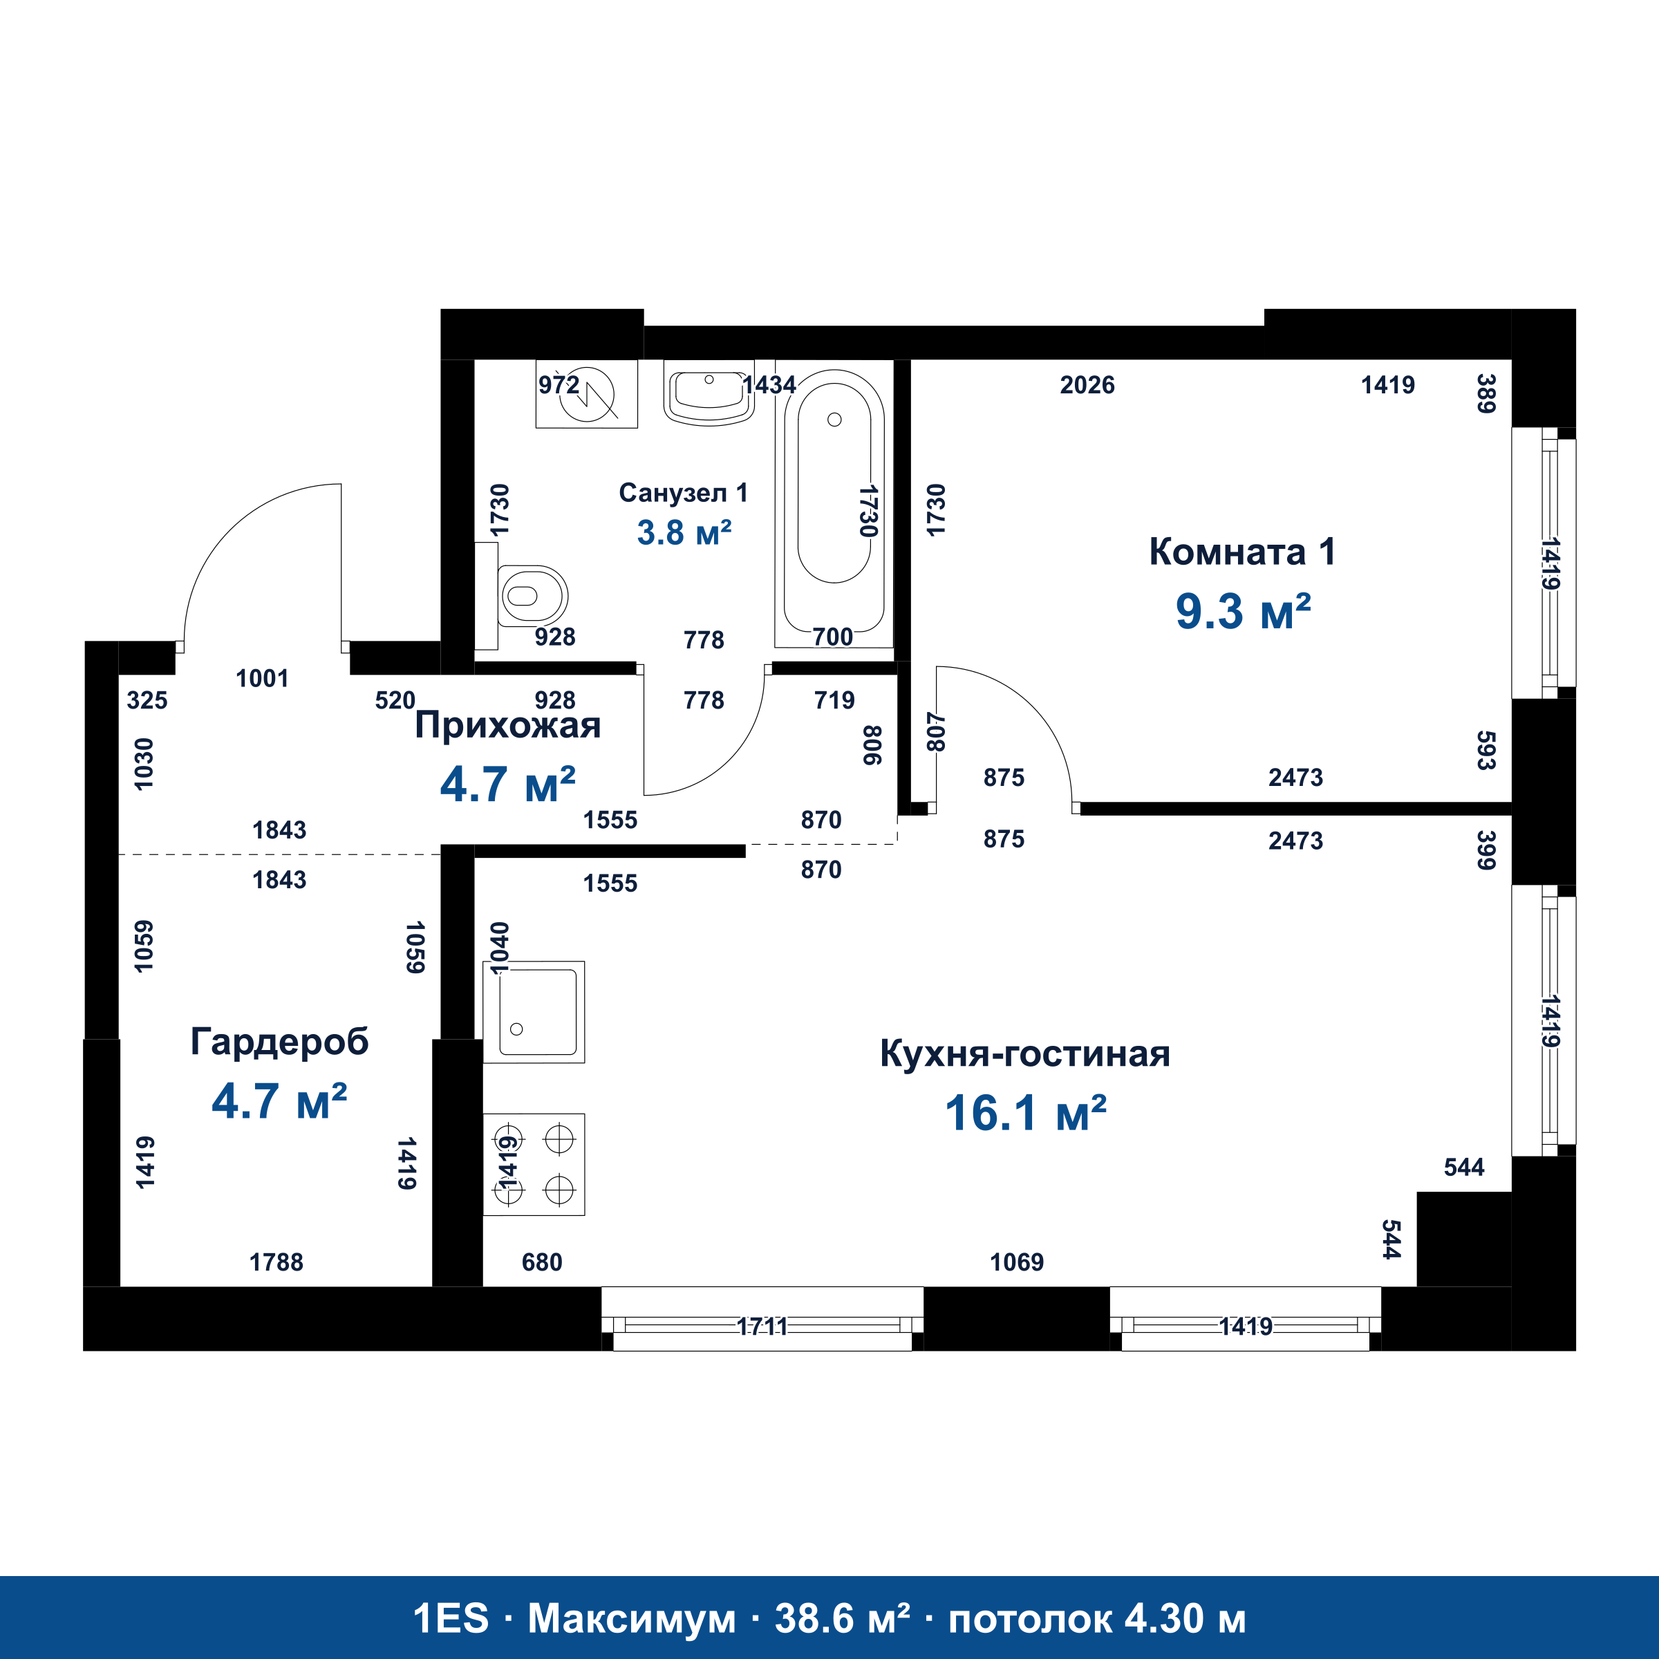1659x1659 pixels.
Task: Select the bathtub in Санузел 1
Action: pyautogui.click(x=834, y=504)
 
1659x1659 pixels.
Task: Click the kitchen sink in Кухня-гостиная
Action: pyautogui.click(x=533, y=1011)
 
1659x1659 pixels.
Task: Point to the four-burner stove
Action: pyautogui.click(x=533, y=1164)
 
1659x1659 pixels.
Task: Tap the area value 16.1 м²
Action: pyautogui.click(x=1025, y=1113)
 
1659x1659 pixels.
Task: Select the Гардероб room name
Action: pyautogui.click(x=279, y=1042)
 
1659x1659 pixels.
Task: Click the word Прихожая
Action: pyautogui.click(x=507, y=726)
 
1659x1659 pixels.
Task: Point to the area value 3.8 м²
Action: pyautogui.click(x=684, y=532)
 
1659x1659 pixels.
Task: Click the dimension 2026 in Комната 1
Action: pyautogui.click(x=1087, y=385)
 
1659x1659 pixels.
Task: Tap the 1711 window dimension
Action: pyautogui.click(x=762, y=1327)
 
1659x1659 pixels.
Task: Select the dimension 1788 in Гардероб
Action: pyautogui.click(x=276, y=1262)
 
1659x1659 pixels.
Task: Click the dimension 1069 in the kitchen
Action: pyautogui.click(x=1017, y=1262)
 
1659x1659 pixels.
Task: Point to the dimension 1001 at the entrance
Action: pyautogui.click(x=262, y=678)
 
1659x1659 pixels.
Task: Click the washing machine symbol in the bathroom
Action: pyautogui.click(x=586, y=393)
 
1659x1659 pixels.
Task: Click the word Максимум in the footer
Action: pyautogui.click(x=632, y=1620)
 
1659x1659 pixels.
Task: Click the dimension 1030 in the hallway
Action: pyautogui.click(x=144, y=763)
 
